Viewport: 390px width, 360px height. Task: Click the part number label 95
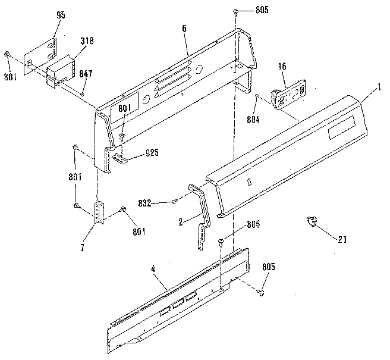(x=61, y=15)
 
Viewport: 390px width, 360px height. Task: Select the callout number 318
(x=87, y=41)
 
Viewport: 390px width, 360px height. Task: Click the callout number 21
(x=342, y=240)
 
